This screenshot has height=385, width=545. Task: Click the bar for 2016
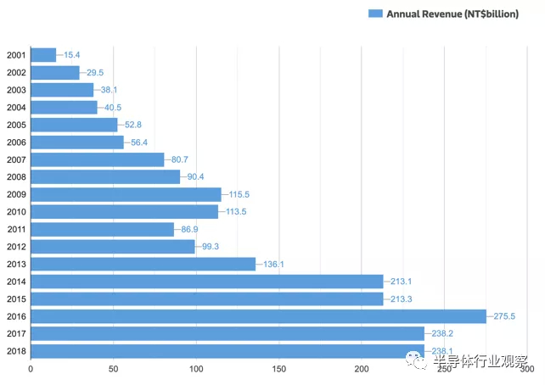[x=258, y=316]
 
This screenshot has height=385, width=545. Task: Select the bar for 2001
[x=43, y=55]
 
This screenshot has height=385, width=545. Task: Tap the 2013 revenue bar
[x=143, y=264]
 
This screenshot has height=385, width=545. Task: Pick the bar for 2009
[x=126, y=194]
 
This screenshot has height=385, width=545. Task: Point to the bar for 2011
[x=102, y=229]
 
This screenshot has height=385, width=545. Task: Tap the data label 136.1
[x=273, y=265]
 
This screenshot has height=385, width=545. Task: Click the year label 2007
[x=16, y=159]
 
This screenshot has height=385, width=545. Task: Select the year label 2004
[x=16, y=108]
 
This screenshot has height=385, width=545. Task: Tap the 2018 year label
[x=16, y=351]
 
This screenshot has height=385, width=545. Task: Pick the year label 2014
[x=16, y=282]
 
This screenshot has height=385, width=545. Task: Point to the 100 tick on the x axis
[x=196, y=369]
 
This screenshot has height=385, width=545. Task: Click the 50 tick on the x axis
[x=113, y=369]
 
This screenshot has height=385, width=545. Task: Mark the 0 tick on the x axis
[x=31, y=369]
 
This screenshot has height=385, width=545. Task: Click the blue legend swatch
[x=374, y=14]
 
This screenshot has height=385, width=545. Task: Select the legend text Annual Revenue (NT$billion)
[x=452, y=14]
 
